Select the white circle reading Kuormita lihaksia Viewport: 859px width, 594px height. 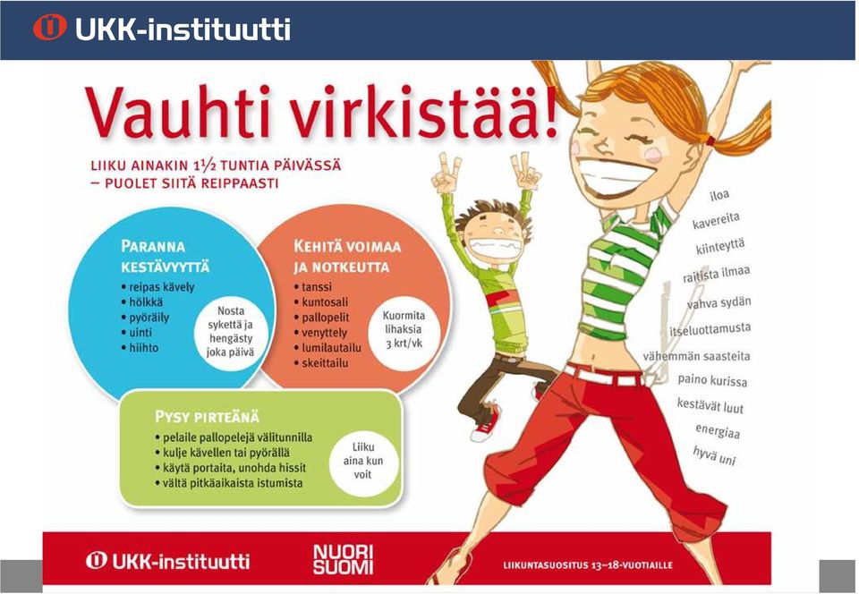[x=404, y=329]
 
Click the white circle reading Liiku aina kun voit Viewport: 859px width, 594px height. [x=362, y=461]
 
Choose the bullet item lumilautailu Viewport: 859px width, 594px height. [x=327, y=348]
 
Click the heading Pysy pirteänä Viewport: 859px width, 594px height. [x=207, y=417]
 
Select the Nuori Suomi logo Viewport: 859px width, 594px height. [x=343, y=559]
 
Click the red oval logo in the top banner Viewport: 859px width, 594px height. [x=50, y=27]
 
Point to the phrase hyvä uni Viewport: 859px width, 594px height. [x=714, y=455]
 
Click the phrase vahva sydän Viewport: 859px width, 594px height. [x=719, y=302]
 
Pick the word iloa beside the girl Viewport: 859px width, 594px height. [x=719, y=195]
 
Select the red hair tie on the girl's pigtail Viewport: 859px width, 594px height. [x=710, y=140]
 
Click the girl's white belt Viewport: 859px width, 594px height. [x=602, y=376]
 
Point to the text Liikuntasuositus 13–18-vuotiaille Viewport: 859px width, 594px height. [x=588, y=565]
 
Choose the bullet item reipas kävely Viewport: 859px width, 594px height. [x=157, y=287]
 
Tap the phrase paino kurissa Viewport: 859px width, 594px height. [x=712, y=380]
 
